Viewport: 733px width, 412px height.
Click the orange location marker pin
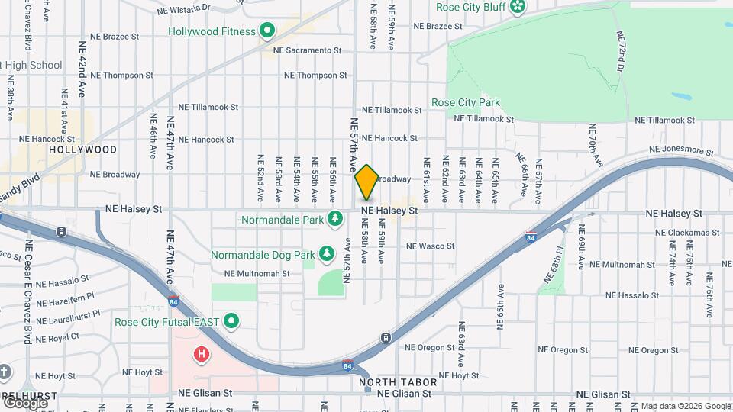click(x=366, y=182)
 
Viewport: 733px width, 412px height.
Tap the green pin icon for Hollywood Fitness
click(x=267, y=31)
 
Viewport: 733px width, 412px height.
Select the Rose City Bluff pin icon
click(x=518, y=7)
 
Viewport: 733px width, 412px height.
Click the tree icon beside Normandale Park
click(x=334, y=220)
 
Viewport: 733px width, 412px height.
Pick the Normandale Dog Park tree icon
click(x=327, y=253)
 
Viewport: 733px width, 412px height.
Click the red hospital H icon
click(x=202, y=354)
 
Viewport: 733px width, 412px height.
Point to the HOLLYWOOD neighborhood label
click(x=82, y=150)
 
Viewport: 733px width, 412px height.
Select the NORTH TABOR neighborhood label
click(x=398, y=381)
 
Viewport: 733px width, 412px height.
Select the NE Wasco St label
click(x=431, y=246)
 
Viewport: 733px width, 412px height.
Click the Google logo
click(x=25, y=402)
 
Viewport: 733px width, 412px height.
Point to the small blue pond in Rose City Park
click(x=682, y=98)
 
